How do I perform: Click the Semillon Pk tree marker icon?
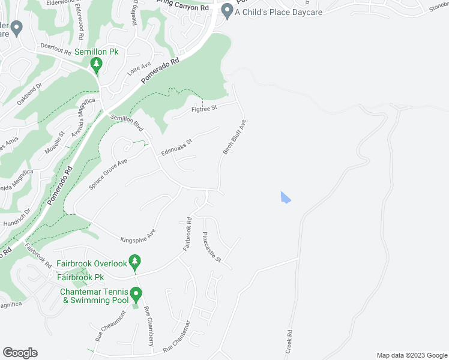95,65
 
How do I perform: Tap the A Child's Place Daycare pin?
227,10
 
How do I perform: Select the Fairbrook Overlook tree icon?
136,261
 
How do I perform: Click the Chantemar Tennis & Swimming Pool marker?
136,295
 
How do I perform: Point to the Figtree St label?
203,108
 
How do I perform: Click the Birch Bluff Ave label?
235,137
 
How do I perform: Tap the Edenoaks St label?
176,148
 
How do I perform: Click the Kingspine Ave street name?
138,235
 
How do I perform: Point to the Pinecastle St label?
212,247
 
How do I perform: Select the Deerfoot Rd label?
56,46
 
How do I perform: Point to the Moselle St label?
55,143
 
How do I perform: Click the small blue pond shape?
285,197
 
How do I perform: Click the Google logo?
20,353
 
